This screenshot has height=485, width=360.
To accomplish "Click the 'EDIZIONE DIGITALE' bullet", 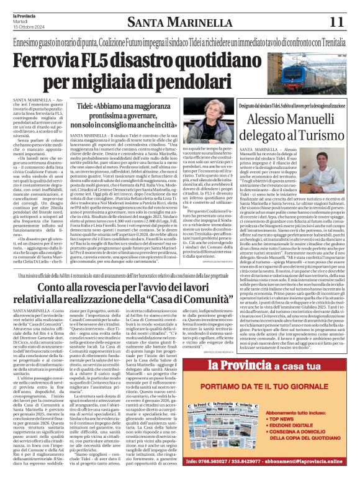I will point(314,427).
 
